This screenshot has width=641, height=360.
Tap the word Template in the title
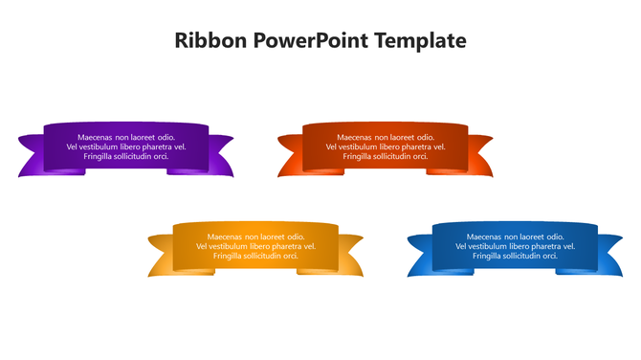422,41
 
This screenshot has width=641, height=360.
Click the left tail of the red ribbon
290,157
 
